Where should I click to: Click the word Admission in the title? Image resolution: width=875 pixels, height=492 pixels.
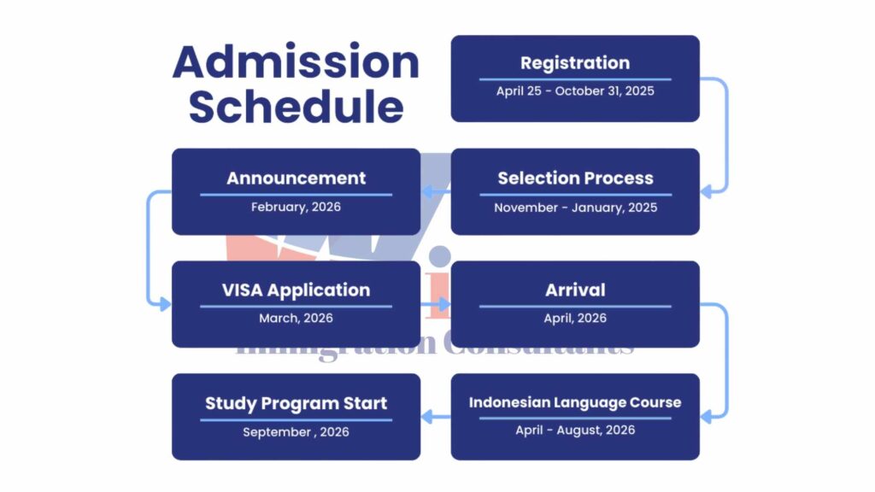click(x=296, y=61)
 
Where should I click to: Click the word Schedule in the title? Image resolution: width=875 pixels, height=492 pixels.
click(x=296, y=107)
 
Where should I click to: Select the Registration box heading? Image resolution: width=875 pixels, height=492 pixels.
click(x=575, y=63)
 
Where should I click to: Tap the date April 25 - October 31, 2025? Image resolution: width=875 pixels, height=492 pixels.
click(x=575, y=91)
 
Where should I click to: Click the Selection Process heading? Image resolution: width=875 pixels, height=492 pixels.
click(x=575, y=178)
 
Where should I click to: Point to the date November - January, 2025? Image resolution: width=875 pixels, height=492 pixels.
click(x=575, y=208)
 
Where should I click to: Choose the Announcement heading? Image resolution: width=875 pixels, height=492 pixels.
click(x=296, y=178)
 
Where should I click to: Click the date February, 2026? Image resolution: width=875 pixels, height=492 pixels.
click(x=296, y=207)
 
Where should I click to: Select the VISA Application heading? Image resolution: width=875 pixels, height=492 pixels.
click(x=296, y=290)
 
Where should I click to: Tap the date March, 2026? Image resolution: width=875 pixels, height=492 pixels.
click(x=296, y=318)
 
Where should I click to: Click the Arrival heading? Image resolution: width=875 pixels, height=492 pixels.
click(x=575, y=290)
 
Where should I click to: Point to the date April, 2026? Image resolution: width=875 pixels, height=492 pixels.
click(x=575, y=318)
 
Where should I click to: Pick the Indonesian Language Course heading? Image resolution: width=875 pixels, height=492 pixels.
click(x=575, y=402)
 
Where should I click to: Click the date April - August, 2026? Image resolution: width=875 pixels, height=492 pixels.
click(x=575, y=430)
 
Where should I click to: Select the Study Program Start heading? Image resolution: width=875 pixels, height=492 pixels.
click(x=296, y=403)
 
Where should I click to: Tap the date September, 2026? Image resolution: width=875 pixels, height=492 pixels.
click(x=296, y=431)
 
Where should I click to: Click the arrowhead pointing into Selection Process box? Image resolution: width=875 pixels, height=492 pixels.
click(x=706, y=191)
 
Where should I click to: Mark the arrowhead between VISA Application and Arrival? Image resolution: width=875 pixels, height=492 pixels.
click(x=444, y=304)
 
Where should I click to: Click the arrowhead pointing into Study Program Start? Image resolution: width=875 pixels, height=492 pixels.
click(x=427, y=416)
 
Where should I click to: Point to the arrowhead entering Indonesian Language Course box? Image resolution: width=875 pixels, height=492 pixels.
click(x=706, y=416)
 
